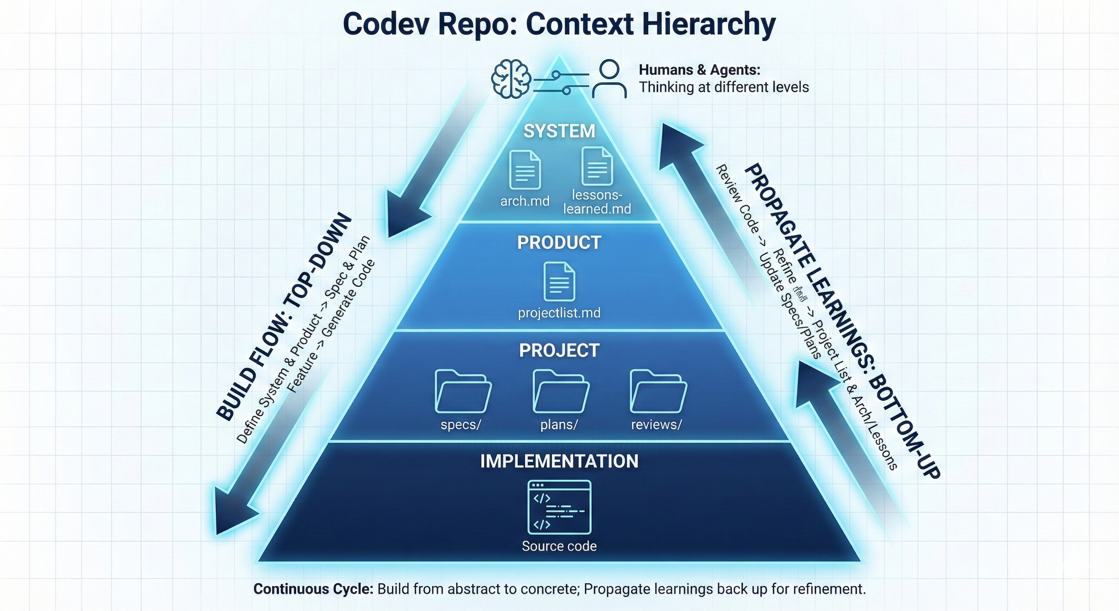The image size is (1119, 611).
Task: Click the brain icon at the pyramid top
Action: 511,79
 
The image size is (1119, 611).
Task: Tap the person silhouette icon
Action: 609,79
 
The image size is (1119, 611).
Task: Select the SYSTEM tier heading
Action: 559,131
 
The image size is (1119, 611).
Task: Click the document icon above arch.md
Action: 525,169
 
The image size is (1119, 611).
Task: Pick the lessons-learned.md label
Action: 597,202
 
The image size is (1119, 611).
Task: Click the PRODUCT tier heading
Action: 559,243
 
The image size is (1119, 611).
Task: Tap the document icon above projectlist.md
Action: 559,281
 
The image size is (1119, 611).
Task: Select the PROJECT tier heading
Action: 559,350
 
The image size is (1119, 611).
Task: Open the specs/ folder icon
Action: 463,391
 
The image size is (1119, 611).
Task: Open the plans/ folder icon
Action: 560,391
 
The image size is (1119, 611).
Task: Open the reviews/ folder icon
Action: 658,391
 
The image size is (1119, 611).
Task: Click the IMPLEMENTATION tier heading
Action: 559,461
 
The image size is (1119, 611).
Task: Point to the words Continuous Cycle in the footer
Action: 313,589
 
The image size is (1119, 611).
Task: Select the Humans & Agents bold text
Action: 699,70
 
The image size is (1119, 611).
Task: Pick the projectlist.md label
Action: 559,313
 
